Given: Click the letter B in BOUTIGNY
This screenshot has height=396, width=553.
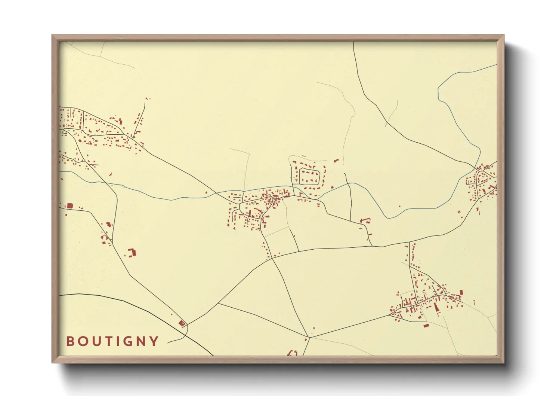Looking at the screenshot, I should click(x=70, y=341).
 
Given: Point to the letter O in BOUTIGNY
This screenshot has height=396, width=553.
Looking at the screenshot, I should click(x=82, y=341).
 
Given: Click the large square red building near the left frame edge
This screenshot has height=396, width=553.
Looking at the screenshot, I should click(x=69, y=206).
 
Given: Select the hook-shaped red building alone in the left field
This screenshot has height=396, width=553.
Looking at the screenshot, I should click(x=132, y=252).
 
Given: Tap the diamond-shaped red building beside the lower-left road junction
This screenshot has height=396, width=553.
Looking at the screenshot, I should click(x=182, y=323).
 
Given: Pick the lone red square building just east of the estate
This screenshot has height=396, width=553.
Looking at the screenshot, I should click(x=331, y=187).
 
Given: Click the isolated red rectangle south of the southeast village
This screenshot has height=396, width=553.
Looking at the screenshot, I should click(x=426, y=326).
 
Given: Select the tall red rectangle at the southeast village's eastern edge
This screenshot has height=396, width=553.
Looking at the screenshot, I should click(x=461, y=293).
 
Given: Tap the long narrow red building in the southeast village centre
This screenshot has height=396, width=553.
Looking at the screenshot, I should click(x=436, y=308).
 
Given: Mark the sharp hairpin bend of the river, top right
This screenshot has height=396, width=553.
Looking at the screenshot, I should click(x=439, y=90).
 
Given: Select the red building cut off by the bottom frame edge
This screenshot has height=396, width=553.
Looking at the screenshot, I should click(x=292, y=353).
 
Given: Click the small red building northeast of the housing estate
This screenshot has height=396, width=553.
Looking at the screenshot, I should click(x=336, y=161).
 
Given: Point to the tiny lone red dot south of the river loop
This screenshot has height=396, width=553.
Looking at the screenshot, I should click(x=400, y=206).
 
